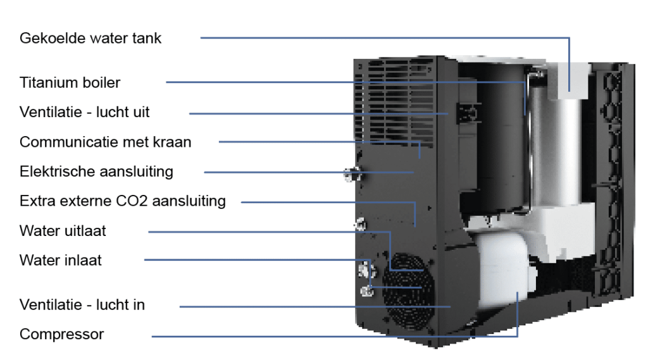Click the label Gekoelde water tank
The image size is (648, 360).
coord(90,39)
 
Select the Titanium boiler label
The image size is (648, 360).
coord(70,83)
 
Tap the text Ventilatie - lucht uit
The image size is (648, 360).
coord(85,113)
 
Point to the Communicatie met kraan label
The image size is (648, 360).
coord(105,142)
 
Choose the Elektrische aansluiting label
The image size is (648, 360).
coord(96,171)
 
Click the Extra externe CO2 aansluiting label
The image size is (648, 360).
coord(122,202)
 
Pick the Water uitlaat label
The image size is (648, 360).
coord(63,231)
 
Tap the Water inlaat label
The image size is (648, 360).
coord(60,260)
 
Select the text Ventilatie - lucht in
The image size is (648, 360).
coord(82,305)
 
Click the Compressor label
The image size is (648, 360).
coord(61,335)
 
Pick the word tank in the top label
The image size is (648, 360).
coord(147,39)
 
